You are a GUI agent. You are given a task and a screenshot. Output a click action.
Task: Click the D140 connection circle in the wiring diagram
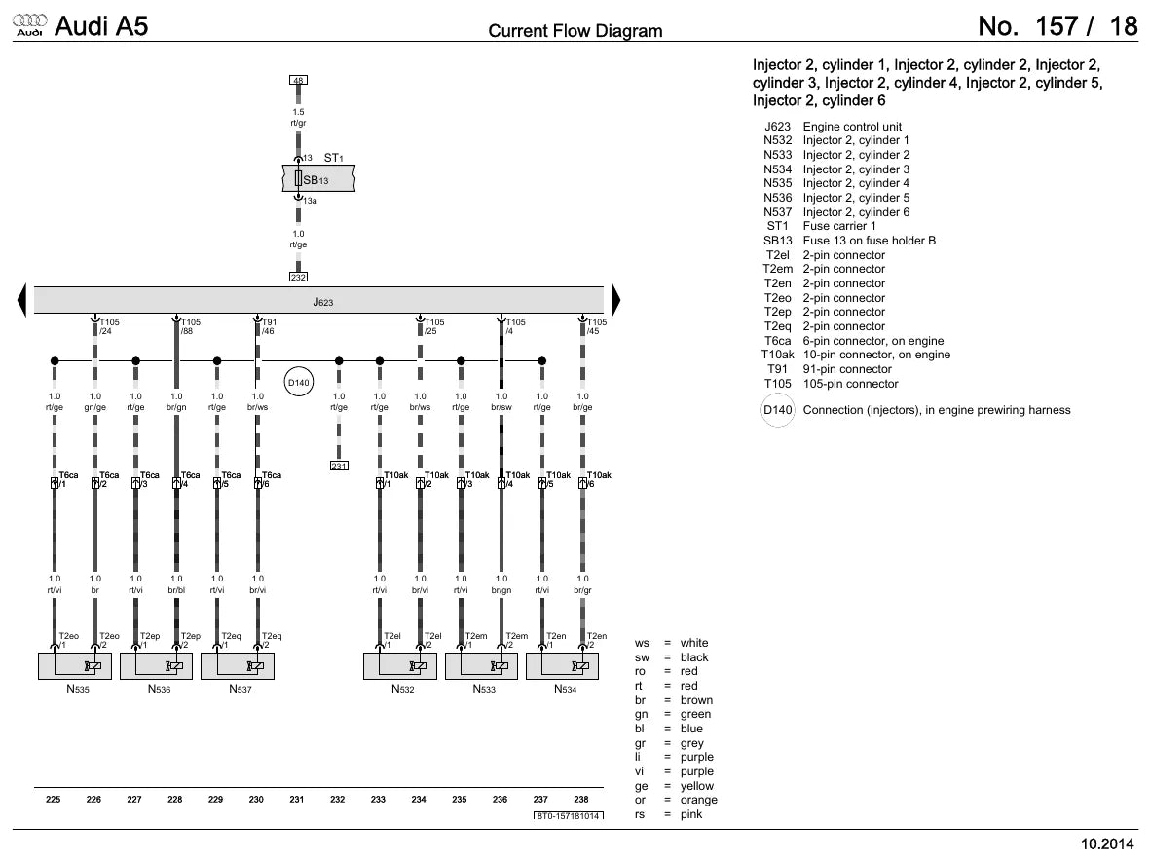(299, 382)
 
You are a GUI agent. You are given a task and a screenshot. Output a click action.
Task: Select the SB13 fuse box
(318, 178)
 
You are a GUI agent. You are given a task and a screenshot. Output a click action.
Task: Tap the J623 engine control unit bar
(318, 301)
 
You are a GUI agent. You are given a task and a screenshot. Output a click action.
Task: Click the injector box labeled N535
(75, 666)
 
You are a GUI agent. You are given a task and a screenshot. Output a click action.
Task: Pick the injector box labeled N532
(399, 666)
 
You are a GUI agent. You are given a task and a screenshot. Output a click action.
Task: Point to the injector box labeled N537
(238, 666)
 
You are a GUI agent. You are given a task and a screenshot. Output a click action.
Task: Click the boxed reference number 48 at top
(298, 80)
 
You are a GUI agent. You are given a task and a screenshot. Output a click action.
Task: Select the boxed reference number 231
(339, 466)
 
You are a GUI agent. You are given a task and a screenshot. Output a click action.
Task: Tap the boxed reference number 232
(298, 277)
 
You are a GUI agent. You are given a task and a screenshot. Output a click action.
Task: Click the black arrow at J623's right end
(616, 301)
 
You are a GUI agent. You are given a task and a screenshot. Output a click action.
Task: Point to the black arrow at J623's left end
(21, 301)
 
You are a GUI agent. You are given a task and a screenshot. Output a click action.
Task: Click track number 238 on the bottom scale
(581, 799)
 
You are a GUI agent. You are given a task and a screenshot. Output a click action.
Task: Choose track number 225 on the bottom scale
(53, 799)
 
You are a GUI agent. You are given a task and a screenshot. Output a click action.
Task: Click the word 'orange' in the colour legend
(698, 800)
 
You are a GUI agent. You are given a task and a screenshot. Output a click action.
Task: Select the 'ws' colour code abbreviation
(642, 644)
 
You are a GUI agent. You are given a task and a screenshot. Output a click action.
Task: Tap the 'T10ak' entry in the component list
(777, 356)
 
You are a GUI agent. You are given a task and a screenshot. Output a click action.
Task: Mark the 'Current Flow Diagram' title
(575, 31)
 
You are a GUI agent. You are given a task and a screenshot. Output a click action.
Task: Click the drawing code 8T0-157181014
(569, 816)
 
